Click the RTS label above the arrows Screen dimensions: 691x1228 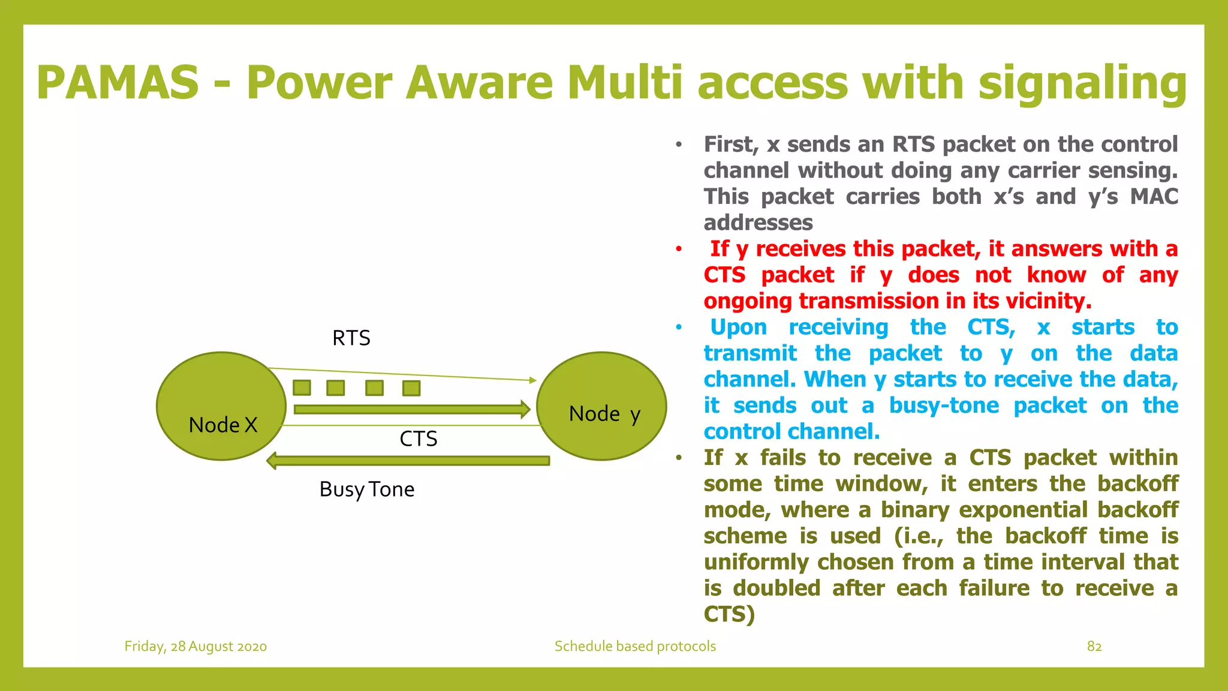pyautogui.click(x=351, y=338)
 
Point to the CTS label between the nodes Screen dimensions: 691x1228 pyautogui.click(x=418, y=439)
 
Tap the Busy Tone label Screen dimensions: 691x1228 pyautogui.click(x=366, y=489)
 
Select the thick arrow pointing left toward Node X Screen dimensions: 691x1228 pyautogui.click(x=408, y=461)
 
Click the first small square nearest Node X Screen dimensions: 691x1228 pyautogui.click(x=302, y=387)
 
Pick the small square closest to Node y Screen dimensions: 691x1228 pyautogui.click(x=411, y=388)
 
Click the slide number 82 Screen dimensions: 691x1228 pyautogui.click(x=1094, y=646)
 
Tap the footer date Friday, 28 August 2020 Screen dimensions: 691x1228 pyautogui.click(x=195, y=646)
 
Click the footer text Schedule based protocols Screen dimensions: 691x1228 pyautogui.click(x=635, y=646)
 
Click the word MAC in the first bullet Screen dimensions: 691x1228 pyautogui.click(x=1154, y=197)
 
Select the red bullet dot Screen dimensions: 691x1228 pyautogui.click(x=679, y=249)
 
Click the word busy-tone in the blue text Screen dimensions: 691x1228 pyautogui.click(x=944, y=405)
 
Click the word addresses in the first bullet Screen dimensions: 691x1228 pyautogui.click(x=758, y=223)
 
